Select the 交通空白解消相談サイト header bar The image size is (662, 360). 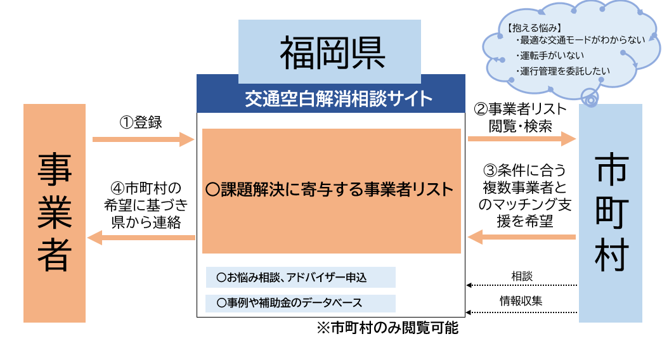point(329,99)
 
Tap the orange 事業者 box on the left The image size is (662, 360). point(55,213)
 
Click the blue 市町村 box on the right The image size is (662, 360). point(611,213)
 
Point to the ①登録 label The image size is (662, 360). point(141,122)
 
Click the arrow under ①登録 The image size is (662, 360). point(143,139)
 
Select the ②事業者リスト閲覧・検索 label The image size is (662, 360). point(521,117)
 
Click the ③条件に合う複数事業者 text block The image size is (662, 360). point(521,196)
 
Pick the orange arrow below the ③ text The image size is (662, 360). point(521,237)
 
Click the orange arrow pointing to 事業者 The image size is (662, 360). point(141,238)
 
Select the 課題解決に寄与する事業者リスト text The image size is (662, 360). point(330,189)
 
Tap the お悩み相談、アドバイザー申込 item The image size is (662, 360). point(301,278)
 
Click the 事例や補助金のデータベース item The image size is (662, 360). point(301,303)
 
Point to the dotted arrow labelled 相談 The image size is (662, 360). point(521,286)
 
